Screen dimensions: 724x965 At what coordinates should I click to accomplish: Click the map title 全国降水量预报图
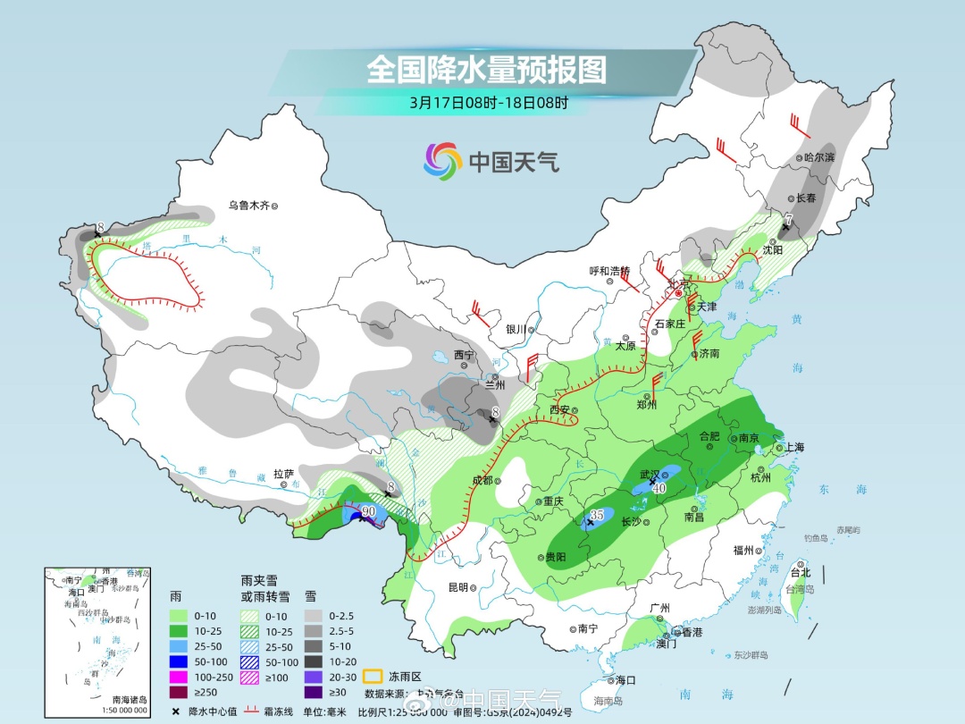coord(486,69)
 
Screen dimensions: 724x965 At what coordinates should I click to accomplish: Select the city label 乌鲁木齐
coord(248,206)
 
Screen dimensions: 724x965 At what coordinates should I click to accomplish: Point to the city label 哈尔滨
coord(818,157)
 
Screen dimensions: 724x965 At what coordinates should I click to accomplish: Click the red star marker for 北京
coord(678,293)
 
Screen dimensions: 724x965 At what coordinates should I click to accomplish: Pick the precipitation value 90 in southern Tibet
coord(367,510)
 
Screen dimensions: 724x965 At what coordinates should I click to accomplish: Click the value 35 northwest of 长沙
coord(597,516)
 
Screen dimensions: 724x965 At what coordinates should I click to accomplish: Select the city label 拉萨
coord(283,473)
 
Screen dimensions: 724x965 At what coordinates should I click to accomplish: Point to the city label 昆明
coord(457,587)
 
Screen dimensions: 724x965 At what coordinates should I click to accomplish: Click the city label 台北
coord(800,572)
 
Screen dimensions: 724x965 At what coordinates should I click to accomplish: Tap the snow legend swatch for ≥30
coord(314,692)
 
